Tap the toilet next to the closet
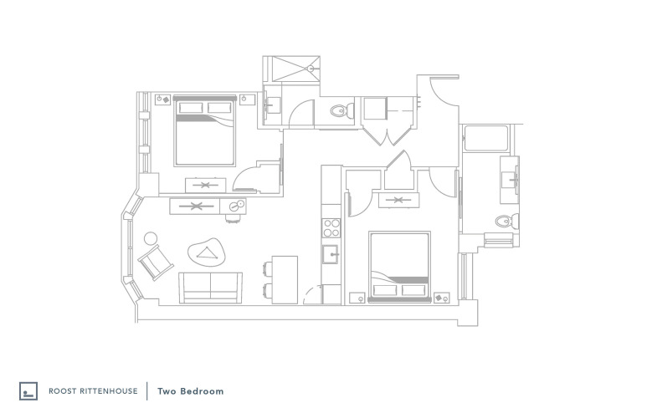point(341,110)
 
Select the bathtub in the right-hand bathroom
point(485,139)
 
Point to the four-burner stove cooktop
point(331,228)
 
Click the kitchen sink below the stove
point(330,254)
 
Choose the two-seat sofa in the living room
point(210,288)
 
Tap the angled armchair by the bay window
point(156,263)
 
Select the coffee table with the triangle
point(207,252)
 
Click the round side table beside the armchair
point(151,238)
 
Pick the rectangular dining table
point(285,280)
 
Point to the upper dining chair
point(267,268)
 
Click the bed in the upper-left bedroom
point(205,131)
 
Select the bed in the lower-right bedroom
point(399,267)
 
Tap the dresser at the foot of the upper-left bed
point(206,185)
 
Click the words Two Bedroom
point(191,391)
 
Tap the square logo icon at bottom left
point(28,390)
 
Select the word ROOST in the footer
point(59,390)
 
